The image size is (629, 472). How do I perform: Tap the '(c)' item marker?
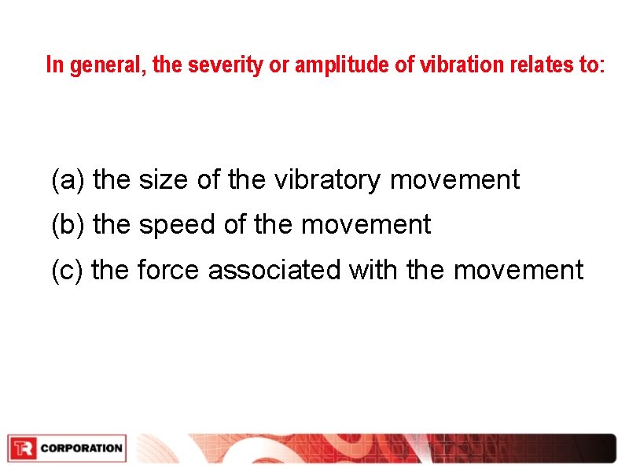(68, 271)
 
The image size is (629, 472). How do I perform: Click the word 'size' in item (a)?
(164, 180)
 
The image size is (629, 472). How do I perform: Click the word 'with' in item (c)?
(374, 271)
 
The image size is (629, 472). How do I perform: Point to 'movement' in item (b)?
(366, 226)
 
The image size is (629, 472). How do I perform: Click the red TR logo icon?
(23, 448)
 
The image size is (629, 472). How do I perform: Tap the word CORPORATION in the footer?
(82, 448)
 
